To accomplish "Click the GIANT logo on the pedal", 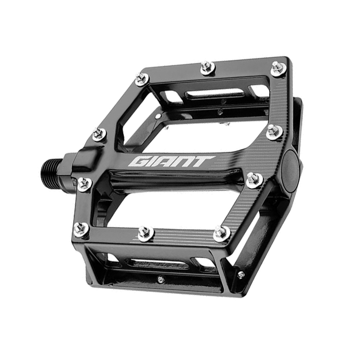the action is [x=172, y=162].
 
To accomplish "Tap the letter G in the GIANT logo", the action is [x=139, y=162].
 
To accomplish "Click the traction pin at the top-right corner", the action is [x=278, y=68].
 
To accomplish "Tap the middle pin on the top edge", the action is [x=208, y=68].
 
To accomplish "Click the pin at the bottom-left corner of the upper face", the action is [x=82, y=228].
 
